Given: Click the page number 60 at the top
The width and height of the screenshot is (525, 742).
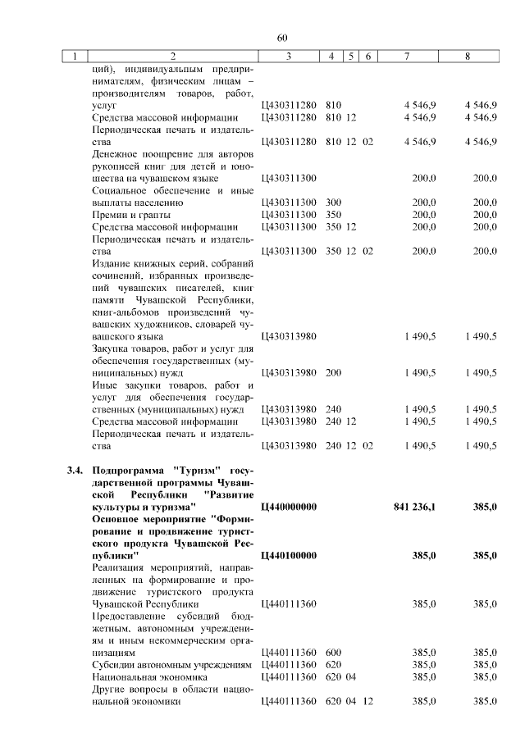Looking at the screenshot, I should pos(282,38).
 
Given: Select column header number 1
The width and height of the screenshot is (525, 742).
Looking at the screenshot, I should pos(75,57).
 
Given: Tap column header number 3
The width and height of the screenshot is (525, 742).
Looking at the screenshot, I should pos(289,57).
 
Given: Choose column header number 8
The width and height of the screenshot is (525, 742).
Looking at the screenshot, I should pos(467,57).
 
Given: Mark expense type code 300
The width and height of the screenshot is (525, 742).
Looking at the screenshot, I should pos(333,202).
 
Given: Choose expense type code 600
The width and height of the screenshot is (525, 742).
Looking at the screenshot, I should pos(333,653).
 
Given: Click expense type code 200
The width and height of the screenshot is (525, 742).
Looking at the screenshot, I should pos(333,372).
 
